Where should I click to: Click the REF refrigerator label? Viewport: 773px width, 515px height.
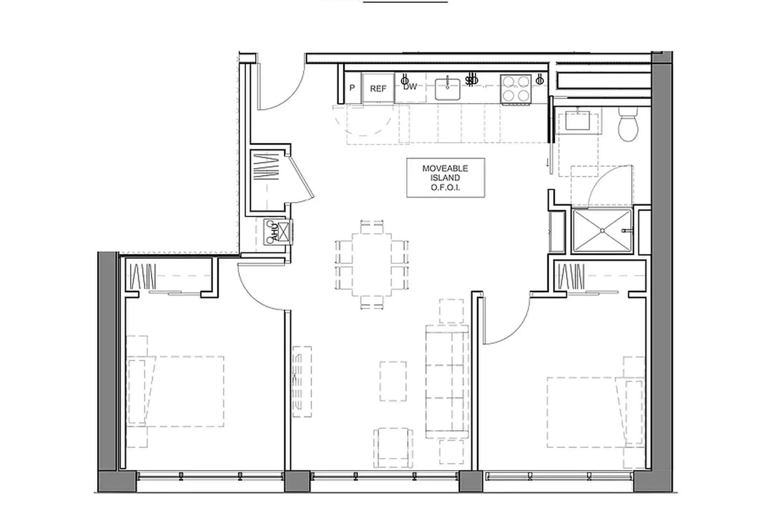tap(378, 88)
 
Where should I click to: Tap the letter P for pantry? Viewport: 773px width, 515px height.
tap(352, 88)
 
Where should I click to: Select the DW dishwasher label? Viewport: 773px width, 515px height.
tap(410, 87)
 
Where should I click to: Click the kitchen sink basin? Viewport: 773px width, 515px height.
tap(447, 89)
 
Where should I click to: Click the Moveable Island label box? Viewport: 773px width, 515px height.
tap(446, 178)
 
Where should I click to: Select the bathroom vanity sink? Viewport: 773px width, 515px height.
tap(577, 121)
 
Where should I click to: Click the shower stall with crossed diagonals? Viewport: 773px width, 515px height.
tap(602, 231)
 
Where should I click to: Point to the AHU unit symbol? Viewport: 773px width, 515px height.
tap(278, 232)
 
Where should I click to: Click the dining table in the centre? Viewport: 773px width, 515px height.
tap(372, 264)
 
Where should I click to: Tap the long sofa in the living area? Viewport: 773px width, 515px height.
tap(447, 382)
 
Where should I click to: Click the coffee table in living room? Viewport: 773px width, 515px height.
tap(393, 381)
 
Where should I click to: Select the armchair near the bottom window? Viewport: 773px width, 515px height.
tap(393, 448)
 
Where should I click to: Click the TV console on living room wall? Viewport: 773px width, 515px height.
tap(302, 381)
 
